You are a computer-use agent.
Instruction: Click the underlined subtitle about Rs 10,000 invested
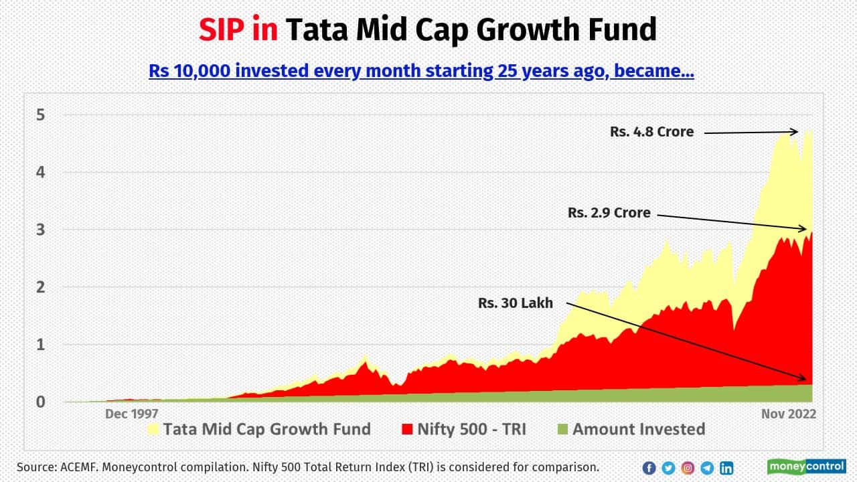coord(421,70)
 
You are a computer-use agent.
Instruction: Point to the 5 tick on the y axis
coord(41,114)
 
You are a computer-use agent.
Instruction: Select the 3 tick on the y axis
coord(41,230)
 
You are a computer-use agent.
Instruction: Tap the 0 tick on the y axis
coord(41,402)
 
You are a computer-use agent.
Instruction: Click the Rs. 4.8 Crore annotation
coord(651,132)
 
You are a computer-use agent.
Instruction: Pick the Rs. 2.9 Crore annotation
coord(609,213)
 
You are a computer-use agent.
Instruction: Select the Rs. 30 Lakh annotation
coord(516,303)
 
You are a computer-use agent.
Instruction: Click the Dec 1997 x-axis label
coord(132,414)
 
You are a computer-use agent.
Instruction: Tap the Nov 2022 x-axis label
coord(788,414)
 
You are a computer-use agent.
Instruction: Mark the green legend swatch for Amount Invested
coord(562,429)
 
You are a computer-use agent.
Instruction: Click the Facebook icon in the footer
coord(649,468)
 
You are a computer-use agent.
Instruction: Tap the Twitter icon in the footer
coord(668,468)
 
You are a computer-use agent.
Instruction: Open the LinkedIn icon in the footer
coord(726,468)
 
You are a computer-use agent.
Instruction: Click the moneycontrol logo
coord(807,467)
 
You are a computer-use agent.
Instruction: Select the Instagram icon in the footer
coord(688,468)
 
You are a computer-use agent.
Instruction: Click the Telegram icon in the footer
coord(707,468)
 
